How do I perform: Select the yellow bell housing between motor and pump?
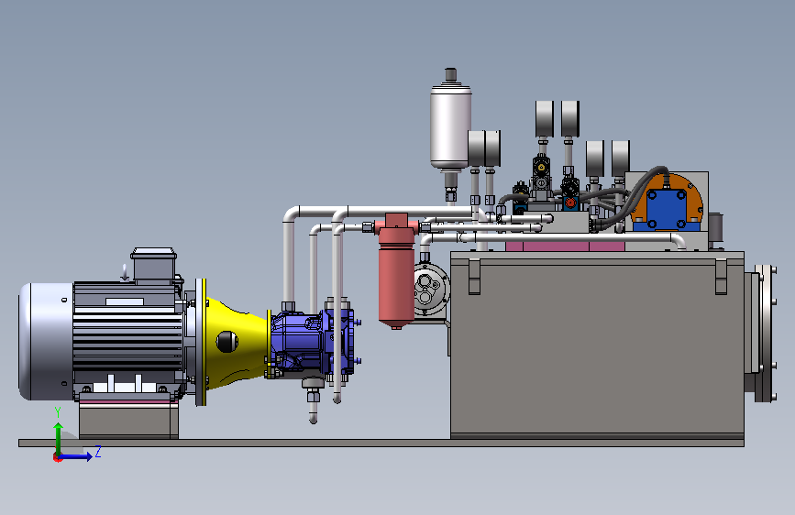coord(234,343)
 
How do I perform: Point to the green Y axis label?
coord(58,411)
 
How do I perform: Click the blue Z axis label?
coord(98,451)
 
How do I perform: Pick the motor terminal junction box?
coord(154,265)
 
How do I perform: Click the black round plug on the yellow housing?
coord(226,342)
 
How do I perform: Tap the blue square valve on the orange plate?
coord(667,208)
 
